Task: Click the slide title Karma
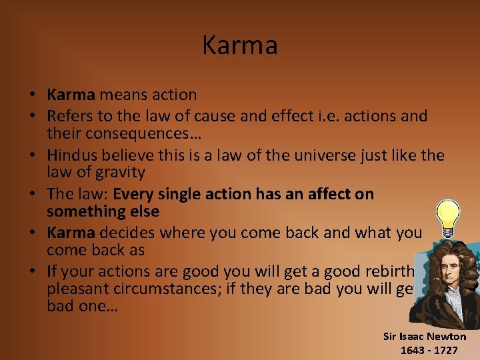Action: (240, 45)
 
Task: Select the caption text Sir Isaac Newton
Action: (425, 336)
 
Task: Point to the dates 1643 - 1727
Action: (429, 350)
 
